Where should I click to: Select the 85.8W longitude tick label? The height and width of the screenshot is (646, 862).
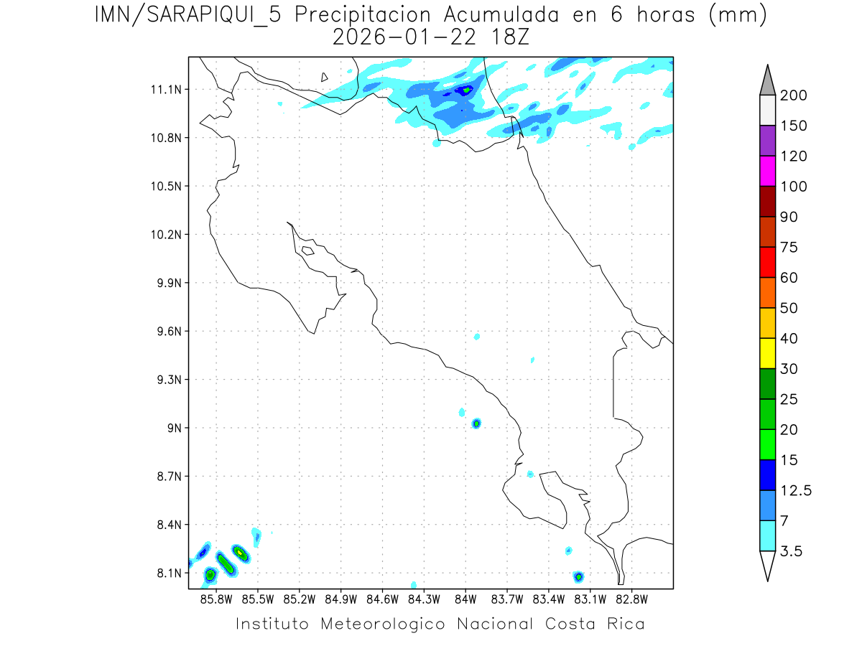216,599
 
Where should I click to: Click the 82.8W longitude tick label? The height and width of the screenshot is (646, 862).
631,599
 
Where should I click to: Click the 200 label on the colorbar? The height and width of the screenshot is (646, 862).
794,95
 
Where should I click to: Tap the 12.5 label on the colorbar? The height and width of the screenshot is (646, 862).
797,490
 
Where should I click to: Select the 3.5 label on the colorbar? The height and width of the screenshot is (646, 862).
791,551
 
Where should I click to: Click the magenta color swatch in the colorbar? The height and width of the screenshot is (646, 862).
767,171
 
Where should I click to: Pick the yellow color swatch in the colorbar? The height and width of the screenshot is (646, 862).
767,353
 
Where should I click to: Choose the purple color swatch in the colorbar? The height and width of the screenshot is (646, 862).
767,141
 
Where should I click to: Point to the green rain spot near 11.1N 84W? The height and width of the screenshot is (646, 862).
466,90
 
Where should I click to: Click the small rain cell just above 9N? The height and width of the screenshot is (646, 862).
476,423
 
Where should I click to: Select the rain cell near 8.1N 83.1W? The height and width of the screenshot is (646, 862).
578,576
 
